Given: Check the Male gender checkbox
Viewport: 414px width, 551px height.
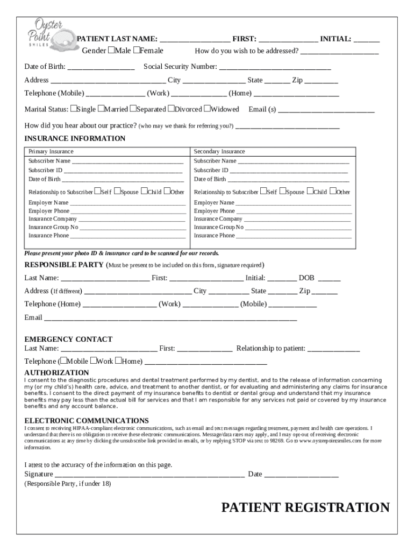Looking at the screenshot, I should click(x=111, y=51).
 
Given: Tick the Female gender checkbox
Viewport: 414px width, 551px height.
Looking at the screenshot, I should click(x=137, y=51).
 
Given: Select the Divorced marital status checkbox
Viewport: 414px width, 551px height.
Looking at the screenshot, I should click(x=171, y=109).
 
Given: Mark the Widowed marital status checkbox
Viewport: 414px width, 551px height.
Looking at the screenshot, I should click(x=206, y=109).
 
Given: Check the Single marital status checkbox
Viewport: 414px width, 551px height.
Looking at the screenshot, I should click(x=74, y=109).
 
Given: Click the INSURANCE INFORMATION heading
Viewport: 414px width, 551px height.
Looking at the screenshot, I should click(x=75, y=138).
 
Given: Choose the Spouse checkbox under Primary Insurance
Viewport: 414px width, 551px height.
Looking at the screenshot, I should click(x=118, y=191).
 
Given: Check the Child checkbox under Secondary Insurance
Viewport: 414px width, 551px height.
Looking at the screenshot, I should click(x=310, y=191).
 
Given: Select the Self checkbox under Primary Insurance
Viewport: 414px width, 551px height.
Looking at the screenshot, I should click(x=97, y=191).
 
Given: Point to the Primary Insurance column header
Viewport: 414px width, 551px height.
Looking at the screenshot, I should click(x=51, y=152).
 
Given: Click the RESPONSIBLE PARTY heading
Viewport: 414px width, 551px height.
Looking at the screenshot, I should click(x=64, y=265).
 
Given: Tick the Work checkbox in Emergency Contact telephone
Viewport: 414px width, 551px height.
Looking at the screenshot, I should click(x=93, y=361).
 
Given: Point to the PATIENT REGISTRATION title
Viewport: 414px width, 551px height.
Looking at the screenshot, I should click(x=305, y=507).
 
